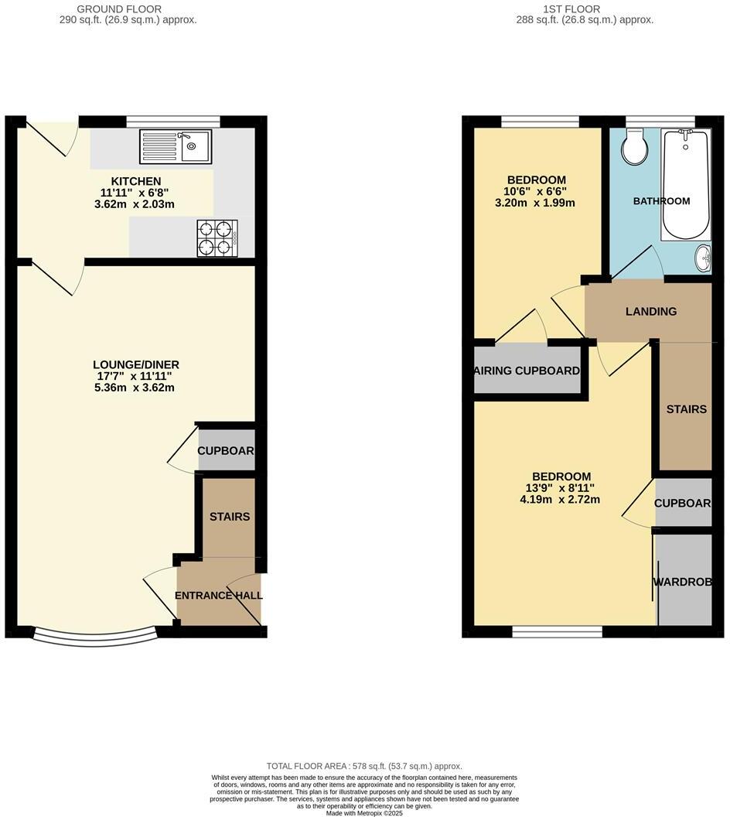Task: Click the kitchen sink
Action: (x=176, y=147)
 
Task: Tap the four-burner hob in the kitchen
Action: (x=217, y=238)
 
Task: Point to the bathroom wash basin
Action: (x=704, y=258)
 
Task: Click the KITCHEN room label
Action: (x=135, y=181)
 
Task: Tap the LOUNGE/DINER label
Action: (x=135, y=364)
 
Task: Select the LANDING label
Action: (x=650, y=312)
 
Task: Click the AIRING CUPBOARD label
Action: (x=527, y=371)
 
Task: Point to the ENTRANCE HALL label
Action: (x=218, y=596)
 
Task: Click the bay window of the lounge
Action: (x=96, y=636)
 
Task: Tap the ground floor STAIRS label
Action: (x=230, y=516)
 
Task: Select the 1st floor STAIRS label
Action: (x=686, y=408)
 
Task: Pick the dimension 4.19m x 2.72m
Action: (x=560, y=499)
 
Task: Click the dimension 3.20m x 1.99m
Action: (x=536, y=203)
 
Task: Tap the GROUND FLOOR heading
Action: (x=128, y=9)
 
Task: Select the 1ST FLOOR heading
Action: (x=585, y=9)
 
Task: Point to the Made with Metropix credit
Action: (x=364, y=813)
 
